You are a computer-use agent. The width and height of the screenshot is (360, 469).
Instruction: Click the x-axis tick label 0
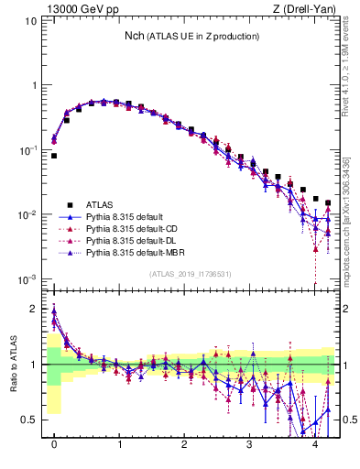(54, 444)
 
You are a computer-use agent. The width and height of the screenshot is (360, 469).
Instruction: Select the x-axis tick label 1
(119, 444)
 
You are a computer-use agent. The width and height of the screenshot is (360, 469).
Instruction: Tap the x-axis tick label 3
(249, 444)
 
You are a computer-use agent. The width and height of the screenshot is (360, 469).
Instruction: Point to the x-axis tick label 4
(314, 444)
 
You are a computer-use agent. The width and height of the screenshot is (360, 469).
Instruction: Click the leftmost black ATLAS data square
(54, 156)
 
